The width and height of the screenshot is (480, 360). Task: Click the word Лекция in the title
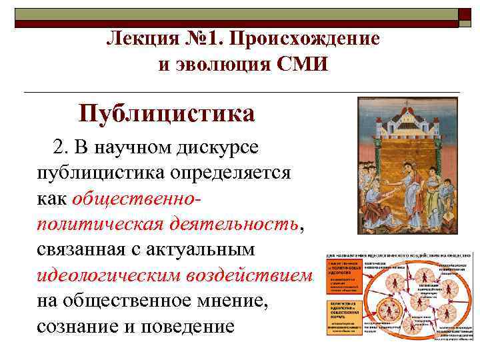(139, 39)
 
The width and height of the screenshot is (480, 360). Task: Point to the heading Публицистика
(167, 113)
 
